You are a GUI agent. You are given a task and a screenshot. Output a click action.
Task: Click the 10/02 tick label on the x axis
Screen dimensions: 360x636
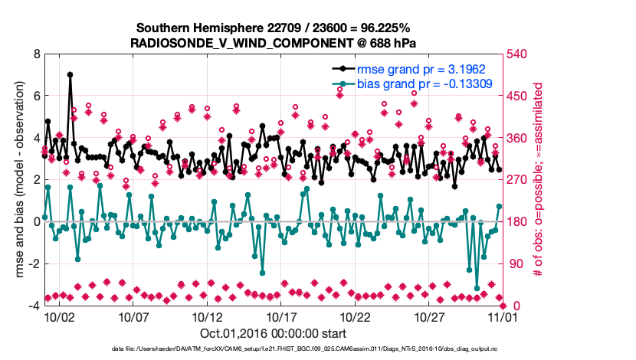58,316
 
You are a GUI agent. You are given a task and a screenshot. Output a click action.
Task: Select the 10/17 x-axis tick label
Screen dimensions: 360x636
280,316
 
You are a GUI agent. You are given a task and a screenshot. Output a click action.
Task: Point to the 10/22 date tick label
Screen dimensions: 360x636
355,316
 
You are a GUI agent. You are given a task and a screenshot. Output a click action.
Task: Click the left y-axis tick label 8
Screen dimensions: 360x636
36,54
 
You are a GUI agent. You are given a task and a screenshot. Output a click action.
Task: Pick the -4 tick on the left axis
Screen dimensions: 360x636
33,306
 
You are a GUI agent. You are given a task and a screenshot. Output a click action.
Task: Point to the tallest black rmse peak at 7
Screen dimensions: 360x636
70,75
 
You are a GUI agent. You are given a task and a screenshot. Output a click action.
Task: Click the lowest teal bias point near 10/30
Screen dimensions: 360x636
477,288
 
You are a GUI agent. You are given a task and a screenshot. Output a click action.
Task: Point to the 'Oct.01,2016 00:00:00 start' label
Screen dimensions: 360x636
273,332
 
